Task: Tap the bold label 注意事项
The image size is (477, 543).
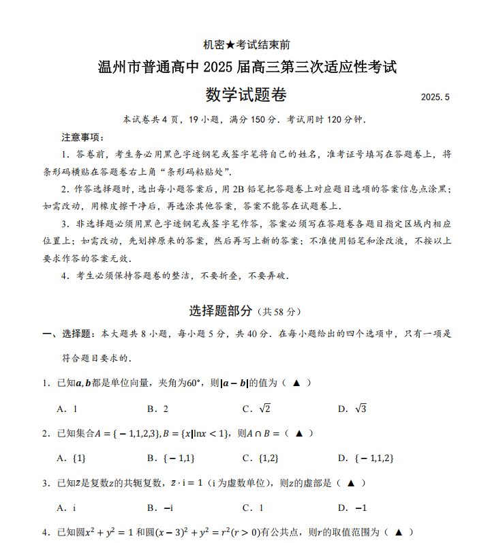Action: tap(82, 138)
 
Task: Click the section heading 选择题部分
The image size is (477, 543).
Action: tap(221, 311)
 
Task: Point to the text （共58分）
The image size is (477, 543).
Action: tap(278, 312)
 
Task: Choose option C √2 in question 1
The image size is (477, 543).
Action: tap(258, 409)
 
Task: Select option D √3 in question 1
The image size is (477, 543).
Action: tap(353, 409)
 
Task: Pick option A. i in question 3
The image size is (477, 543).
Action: tap(67, 508)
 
